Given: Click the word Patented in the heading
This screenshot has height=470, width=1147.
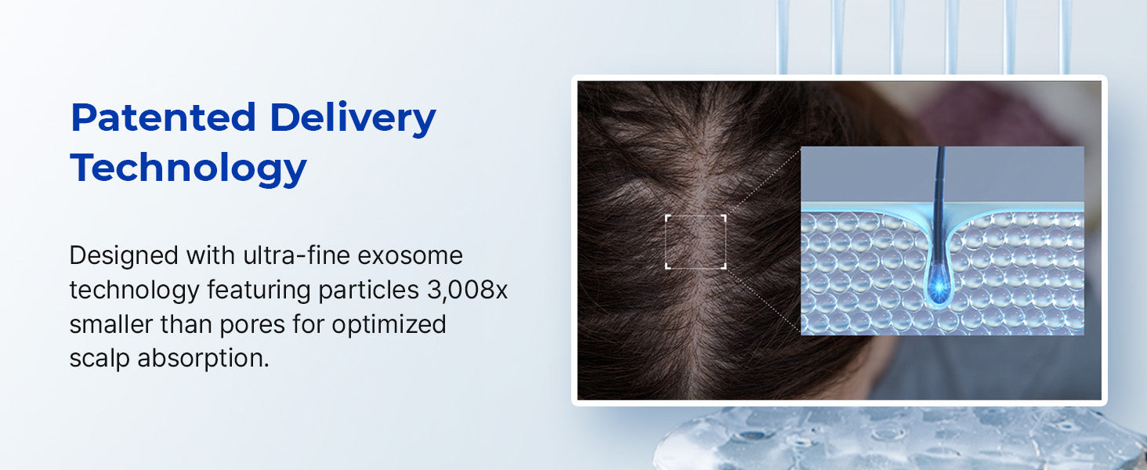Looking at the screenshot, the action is coord(163,117).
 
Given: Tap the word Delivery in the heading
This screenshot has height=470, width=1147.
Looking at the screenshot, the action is coord(353,119).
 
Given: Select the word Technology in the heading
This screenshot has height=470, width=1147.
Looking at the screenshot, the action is coord(189,168).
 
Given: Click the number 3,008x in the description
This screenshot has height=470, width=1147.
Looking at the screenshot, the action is coord(467,291).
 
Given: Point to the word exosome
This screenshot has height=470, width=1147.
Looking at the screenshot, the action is coord(411,255).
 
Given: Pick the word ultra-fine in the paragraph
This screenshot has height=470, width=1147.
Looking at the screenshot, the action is coord(296,255).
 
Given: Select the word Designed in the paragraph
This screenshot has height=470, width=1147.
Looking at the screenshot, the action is coord(124,255).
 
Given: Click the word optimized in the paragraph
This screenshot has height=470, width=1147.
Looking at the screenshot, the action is coord(389,324).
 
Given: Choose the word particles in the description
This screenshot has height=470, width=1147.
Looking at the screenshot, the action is coord(369,291).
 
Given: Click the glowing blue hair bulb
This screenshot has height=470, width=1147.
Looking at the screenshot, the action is coord(939,288).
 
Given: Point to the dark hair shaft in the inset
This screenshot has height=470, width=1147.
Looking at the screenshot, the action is coord(940,204).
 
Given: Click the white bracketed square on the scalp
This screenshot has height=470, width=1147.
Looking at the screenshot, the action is coord(696,241).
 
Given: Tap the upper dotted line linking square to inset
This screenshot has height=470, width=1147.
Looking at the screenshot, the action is coord(763,182).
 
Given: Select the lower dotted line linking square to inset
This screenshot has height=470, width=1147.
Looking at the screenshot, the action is coord(763,301).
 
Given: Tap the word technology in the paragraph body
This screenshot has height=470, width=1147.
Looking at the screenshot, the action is coord(134,291).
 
